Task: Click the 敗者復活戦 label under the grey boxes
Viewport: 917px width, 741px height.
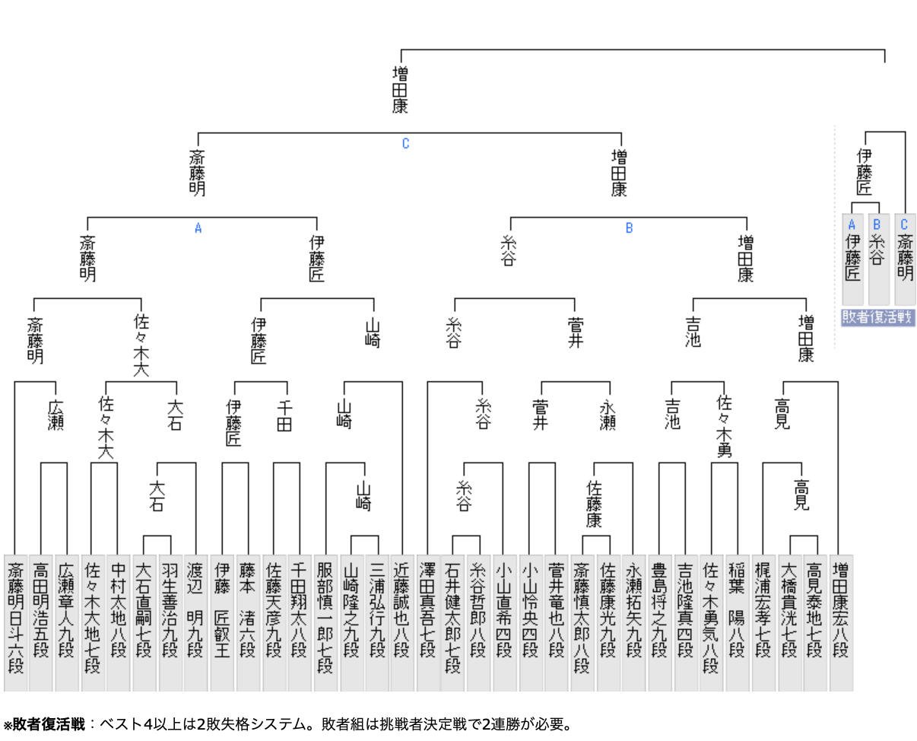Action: click(877, 317)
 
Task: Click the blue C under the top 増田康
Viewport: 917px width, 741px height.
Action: click(405, 144)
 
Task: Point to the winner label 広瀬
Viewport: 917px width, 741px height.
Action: click(56, 415)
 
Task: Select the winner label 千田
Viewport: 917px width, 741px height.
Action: click(283, 415)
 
